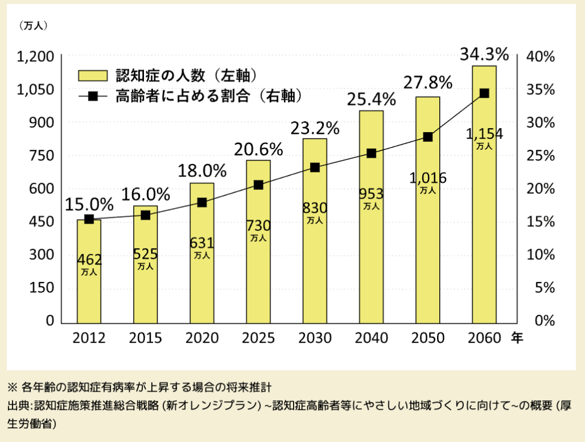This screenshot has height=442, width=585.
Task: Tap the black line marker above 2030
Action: pos(315,168)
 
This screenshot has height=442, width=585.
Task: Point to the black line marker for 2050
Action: pos(428,137)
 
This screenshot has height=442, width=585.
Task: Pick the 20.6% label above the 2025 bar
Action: pos(258,149)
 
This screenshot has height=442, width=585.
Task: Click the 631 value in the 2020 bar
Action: pos(202,244)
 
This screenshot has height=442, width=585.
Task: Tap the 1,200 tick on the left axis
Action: pos(35,57)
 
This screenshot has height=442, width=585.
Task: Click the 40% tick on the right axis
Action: pos(541,57)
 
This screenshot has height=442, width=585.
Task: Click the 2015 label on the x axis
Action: pos(145,339)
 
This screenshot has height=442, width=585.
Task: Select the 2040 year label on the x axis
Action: pos(371,339)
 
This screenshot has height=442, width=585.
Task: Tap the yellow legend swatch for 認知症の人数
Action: pos(93,75)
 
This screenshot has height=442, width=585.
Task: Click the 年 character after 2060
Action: pos(516,338)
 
